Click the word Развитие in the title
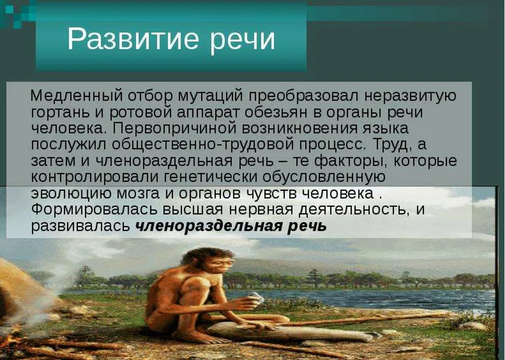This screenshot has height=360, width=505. point(132,39)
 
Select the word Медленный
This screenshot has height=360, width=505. point(77,95)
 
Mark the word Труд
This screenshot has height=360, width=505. point(392,145)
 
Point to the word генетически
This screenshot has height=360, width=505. point(211,177)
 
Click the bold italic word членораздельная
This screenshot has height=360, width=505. point(209,226)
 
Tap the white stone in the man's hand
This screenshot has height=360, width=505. point(257,297)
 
